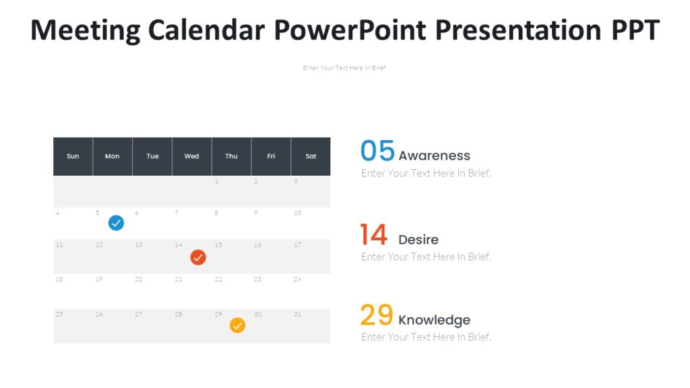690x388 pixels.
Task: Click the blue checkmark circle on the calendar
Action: click(x=116, y=223)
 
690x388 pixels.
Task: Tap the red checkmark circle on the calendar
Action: click(x=197, y=257)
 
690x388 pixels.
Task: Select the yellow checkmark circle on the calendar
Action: click(x=237, y=325)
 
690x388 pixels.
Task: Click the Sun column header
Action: click(x=73, y=156)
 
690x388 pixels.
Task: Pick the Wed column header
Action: click(x=191, y=156)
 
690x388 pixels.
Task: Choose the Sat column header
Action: click(x=311, y=156)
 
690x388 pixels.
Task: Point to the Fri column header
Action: click(x=271, y=156)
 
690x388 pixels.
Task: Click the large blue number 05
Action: click(x=377, y=151)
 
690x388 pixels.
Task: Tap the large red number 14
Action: click(x=373, y=235)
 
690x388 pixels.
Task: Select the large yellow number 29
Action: click(x=376, y=315)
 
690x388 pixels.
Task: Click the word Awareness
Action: click(x=434, y=156)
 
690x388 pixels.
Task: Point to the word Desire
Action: click(x=418, y=240)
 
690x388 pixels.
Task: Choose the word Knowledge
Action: click(x=434, y=320)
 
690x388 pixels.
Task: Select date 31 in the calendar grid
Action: click(x=297, y=315)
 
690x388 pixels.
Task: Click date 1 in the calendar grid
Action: click(x=216, y=181)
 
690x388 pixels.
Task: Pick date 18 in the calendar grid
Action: click(x=59, y=279)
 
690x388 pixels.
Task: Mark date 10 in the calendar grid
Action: click(x=297, y=213)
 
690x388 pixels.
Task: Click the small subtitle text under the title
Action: click(x=344, y=68)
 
